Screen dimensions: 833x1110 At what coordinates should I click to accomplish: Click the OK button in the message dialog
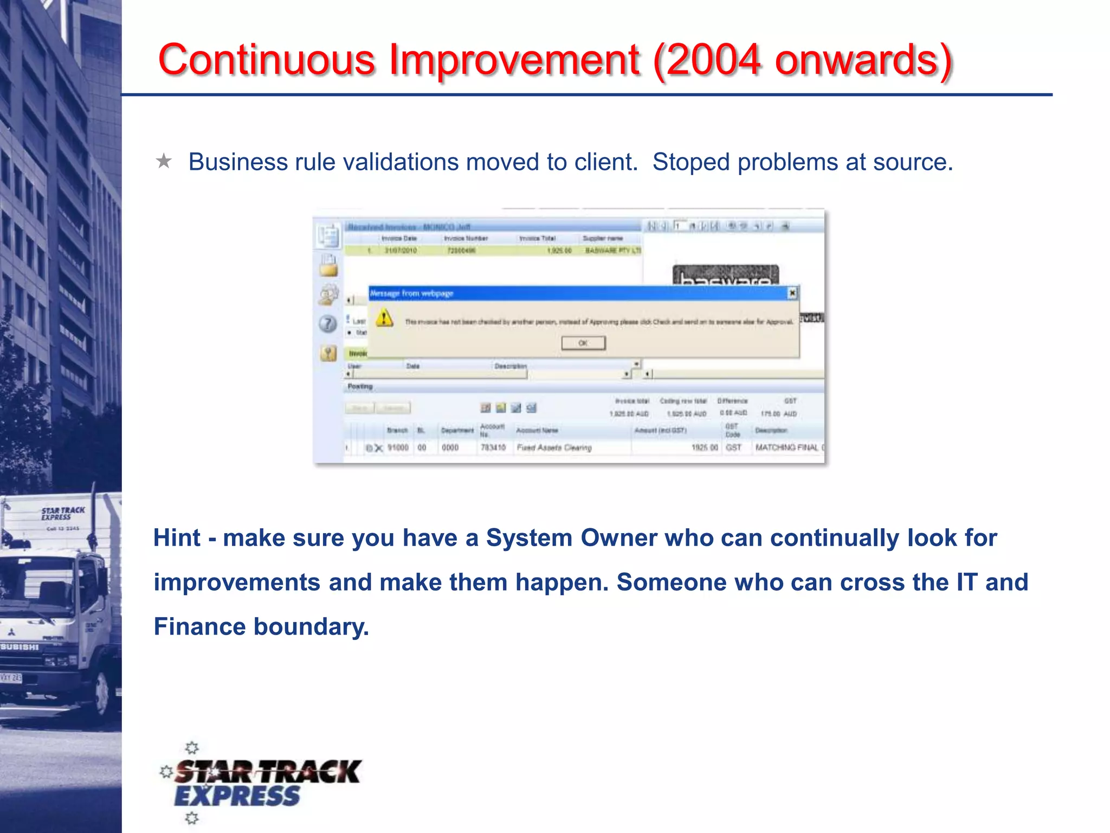(x=583, y=343)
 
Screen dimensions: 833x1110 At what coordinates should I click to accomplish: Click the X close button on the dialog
(x=792, y=293)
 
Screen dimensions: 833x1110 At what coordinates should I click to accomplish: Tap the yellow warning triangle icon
(x=384, y=318)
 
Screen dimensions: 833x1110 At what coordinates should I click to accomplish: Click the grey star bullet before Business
(x=164, y=161)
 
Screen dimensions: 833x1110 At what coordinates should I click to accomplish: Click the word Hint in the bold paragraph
(x=177, y=538)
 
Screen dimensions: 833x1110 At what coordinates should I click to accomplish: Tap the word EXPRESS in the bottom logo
(x=237, y=797)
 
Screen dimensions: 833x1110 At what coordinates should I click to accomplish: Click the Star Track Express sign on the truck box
(x=63, y=513)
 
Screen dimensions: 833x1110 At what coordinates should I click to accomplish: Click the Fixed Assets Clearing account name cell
(x=554, y=447)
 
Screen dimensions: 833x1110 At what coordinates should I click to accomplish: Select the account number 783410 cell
(x=493, y=447)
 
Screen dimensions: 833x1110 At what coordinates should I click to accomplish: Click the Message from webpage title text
(x=412, y=293)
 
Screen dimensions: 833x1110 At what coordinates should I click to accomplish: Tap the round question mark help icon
(x=327, y=324)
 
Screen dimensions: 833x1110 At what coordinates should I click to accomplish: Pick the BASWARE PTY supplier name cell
(x=612, y=251)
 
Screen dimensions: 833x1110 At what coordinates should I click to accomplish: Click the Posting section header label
(x=360, y=386)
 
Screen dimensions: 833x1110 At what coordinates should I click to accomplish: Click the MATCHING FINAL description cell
(x=787, y=447)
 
